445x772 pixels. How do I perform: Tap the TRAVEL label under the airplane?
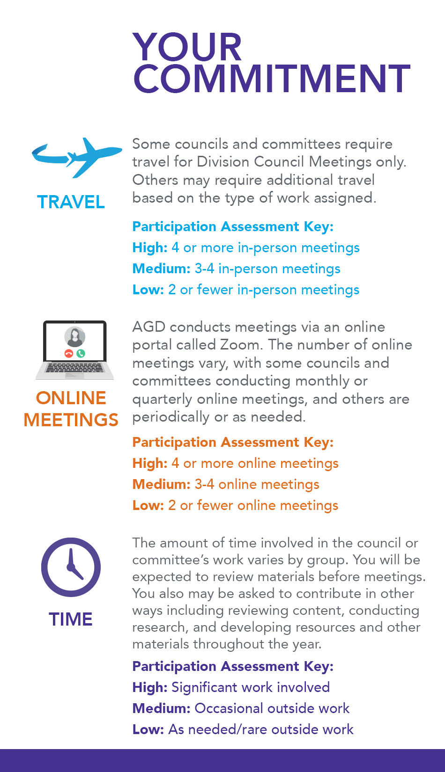[x=71, y=202]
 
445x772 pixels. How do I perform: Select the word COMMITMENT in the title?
[x=272, y=78]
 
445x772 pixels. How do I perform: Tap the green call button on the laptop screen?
[x=81, y=353]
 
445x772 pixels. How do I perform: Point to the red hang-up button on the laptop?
[x=69, y=353]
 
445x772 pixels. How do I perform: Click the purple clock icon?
[x=71, y=567]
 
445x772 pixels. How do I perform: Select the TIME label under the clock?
[x=71, y=619]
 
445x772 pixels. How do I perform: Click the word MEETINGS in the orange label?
[x=71, y=420]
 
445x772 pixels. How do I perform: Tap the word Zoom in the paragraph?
[x=240, y=345]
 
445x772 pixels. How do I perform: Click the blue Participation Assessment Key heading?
[x=233, y=226]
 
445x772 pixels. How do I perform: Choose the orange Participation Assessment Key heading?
[x=233, y=442]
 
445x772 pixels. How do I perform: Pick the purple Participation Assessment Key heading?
[x=233, y=666]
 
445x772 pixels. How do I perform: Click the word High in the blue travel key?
[x=149, y=248]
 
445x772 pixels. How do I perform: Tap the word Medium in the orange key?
[x=161, y=484]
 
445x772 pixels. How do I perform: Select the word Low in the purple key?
[x=148, y=729]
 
